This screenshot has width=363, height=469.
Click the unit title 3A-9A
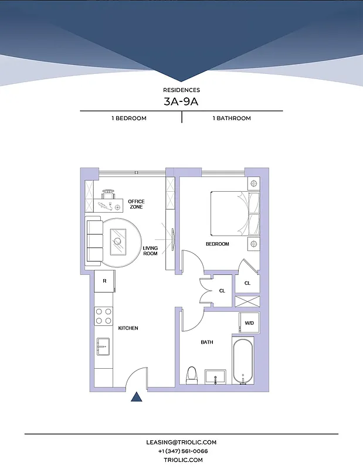pos(181,101)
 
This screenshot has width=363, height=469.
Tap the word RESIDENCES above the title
pos(181,90)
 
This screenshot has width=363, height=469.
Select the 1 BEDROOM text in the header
pos(129,118)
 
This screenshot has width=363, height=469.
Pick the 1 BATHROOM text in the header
pos(231,118)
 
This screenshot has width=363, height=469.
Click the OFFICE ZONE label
pos(136,204)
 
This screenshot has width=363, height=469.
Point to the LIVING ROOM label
pos(151,251)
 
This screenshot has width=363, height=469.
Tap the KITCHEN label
pos(128,328)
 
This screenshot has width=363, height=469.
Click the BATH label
pos(207,342)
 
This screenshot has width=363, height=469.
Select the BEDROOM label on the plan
pos(217,244)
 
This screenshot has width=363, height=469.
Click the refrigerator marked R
pos(104,281)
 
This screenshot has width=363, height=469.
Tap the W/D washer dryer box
pos(249,323)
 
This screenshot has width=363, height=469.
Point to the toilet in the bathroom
pos(191,375)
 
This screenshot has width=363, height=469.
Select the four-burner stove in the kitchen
pos(104,317)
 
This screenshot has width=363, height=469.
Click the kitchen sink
pos(103,346)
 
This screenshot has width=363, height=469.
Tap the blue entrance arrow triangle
pos(137,397)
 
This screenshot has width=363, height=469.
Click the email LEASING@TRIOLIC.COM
pos(181,442)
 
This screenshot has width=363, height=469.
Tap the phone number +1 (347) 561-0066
pos(181,451)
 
